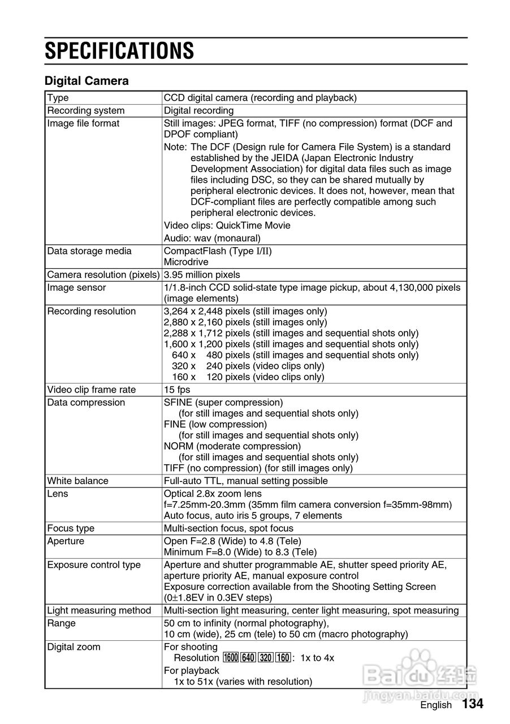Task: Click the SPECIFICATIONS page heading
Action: coord(119,51)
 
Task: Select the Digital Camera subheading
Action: coord(87,81)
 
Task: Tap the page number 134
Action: coord(473,704)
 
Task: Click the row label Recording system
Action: coord(86,110)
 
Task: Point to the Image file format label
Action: coord(83,123)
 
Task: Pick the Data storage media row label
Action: coord(89,251)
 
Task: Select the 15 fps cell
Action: coord(177,390)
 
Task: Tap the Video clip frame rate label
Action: coord(92,390)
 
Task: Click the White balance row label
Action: coord(77,481)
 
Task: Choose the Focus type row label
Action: coord(71,528)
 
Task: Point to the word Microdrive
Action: coord(186,262)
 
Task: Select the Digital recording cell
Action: coord(198,110)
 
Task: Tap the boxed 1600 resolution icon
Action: coord(231,658)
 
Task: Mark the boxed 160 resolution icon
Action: coord(283,658)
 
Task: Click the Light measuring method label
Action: coord(99,610)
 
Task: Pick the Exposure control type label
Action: coord(94,565)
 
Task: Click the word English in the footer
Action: coord(436,705)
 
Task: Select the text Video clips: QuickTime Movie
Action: coord(227,226)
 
